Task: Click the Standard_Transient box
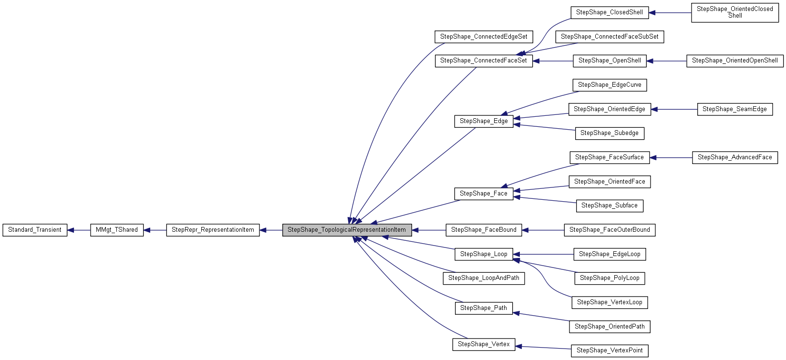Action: click(35, 230)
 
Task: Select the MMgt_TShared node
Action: click(117, 230)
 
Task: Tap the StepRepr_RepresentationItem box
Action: click(213, 230)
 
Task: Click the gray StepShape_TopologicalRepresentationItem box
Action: click(347, 230)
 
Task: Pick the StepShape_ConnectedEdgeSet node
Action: click(484, 37)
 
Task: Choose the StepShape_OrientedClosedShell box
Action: click(734, 12)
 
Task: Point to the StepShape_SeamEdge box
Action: click(734, 109)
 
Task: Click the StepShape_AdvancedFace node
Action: click(734, 157)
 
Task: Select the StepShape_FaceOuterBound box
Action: click(610, 230)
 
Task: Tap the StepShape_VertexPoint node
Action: click(610, 350)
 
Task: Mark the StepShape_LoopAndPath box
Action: click(484, 278)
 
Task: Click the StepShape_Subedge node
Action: click(610, 133)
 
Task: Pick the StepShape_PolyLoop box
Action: click(610, 278)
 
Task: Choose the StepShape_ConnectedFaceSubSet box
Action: click(610, 37)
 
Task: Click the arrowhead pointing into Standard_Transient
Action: click(71, 230)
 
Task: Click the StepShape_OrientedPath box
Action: click(610, 327)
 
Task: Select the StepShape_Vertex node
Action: click(484, 344)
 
